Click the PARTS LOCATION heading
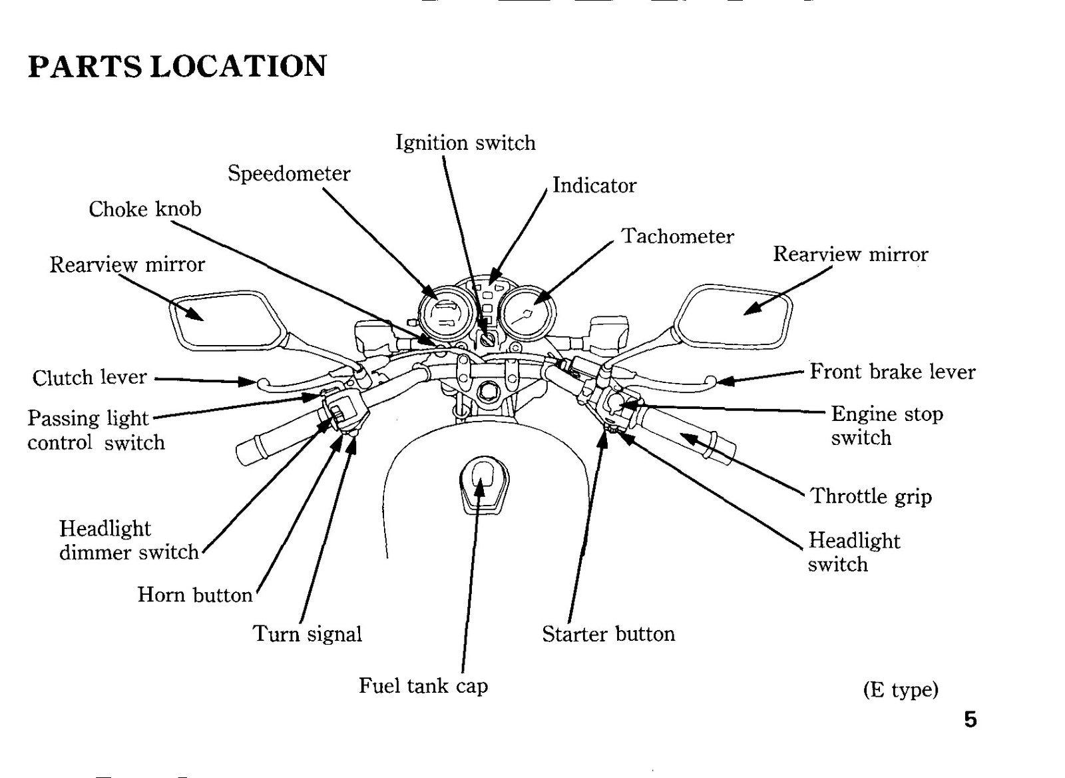(x=177, y=66)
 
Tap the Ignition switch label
(x=465, y=143)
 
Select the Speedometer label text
(x=289, y=173)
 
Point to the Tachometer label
(x=678, y=236)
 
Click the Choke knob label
(x=145, y=209)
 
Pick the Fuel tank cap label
(x=423, y=685)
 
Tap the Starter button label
(x=608, y=634)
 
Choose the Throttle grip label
(x=871, y=497)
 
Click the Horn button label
(x=195, y=595)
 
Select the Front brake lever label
(x=893, y=372)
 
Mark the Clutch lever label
(x=89, y=377)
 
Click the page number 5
(x=970, y=719)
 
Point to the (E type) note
(x=901, y=689)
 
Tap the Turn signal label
(x=307, y=634)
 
